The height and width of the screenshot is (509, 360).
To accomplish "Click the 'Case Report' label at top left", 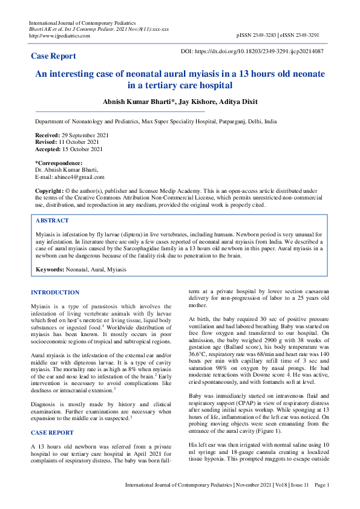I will (53, 56).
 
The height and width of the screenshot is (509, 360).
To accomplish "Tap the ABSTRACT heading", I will (52, 221).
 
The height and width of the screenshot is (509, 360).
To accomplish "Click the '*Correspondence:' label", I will (59, 163).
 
